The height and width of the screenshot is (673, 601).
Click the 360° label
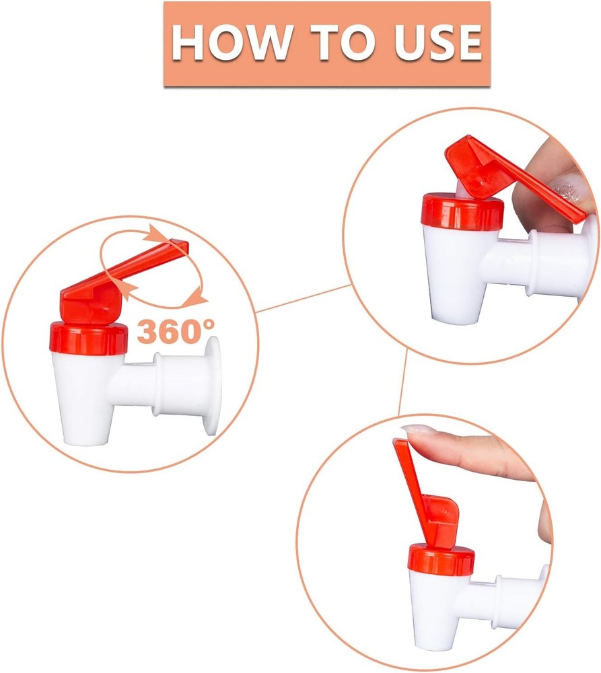coord(176,331)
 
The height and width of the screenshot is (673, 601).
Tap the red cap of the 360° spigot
coord(89,339)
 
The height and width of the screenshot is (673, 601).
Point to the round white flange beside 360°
coord(212,386)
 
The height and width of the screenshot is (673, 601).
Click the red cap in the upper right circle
coord(462,211)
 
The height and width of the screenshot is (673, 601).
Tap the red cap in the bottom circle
coord(441,559)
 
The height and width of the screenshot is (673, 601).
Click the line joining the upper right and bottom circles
coord(403,382)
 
